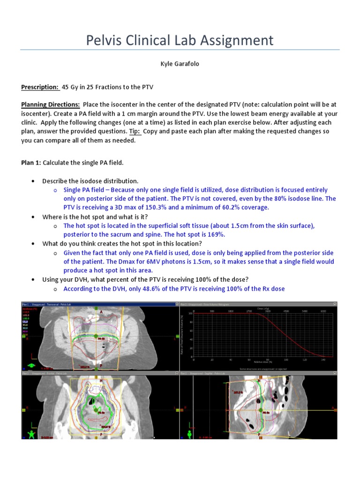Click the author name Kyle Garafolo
coord(180,64)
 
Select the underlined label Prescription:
coord(40,87)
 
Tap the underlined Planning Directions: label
coord(51,105)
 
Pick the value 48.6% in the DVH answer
coord(143,289)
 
